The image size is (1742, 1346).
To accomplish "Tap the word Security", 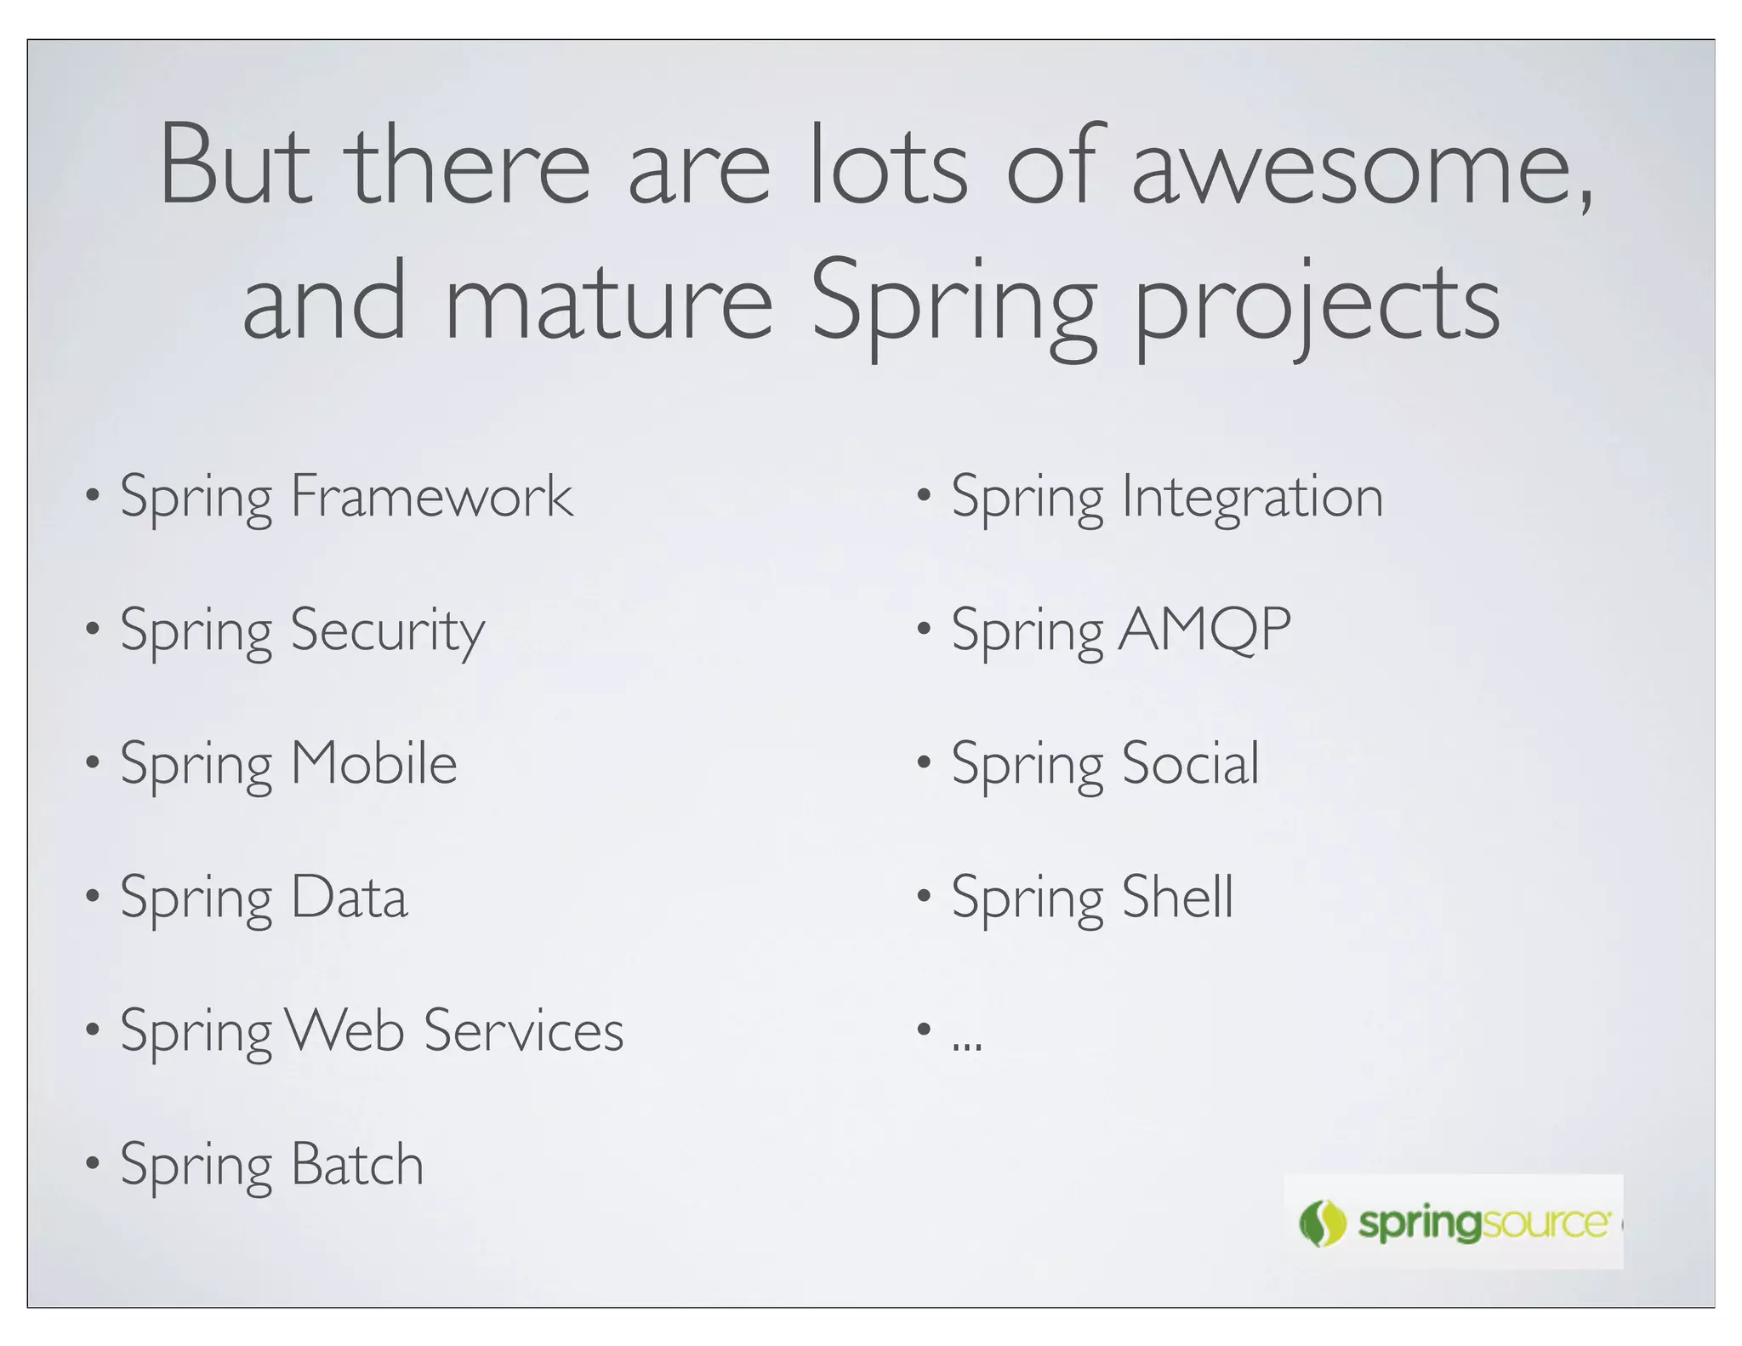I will (x=387, y=630).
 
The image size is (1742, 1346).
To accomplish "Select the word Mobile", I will (x=373, y=763).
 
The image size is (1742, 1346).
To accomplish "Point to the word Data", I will (x=349, y=897).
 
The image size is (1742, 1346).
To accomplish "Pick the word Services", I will (x=523, y=1030).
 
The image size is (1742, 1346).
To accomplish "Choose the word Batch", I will (x=356, y=1164).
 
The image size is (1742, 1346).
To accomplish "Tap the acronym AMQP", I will (x=1204, y=630).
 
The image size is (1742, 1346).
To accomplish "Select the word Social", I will (x=1190, y=763).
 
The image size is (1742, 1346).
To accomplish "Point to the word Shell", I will (x=1177, y=897).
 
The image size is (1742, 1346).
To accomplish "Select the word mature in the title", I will (x=608, y=302).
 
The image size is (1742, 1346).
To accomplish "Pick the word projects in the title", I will (x=1317, y=306).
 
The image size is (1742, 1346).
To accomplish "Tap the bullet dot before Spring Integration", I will (x=924, y=494).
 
